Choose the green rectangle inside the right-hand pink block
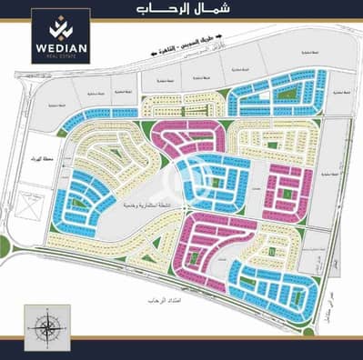tap(287, 193)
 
